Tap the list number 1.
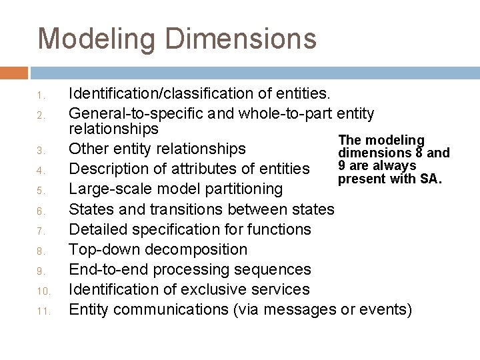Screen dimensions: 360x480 (41, 94)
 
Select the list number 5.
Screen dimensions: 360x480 (41, 191)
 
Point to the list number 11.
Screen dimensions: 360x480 (40, 311)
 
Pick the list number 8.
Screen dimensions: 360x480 (41, 251)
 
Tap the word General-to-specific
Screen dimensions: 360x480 (134, 112)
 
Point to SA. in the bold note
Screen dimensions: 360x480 (430, 179)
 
